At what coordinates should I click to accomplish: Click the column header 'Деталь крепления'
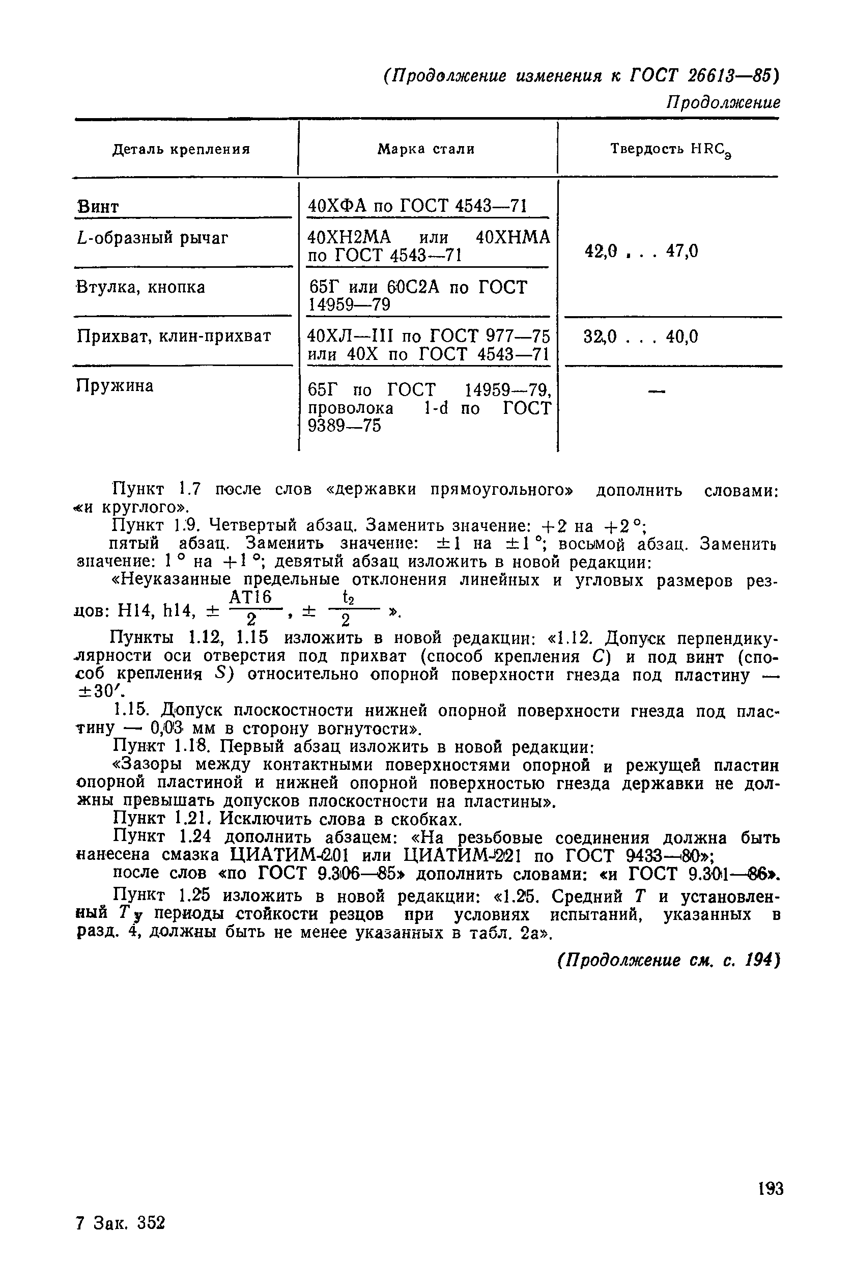point(181,149)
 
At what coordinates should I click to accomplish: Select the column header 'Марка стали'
point(426,149)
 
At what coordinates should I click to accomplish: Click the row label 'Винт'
point(98,208)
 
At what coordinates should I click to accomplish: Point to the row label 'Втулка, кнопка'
point(140,288)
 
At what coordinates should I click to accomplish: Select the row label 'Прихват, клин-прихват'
point(173,336)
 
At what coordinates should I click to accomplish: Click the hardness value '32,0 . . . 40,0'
point(640,337)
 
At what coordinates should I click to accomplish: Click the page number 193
point(770,1189)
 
